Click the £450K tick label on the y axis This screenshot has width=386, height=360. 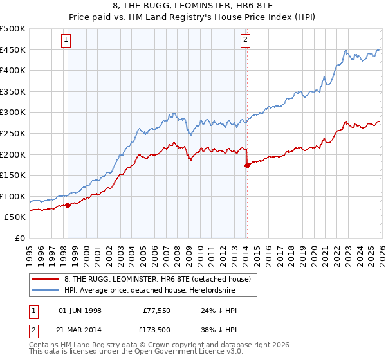(x=13, y=50)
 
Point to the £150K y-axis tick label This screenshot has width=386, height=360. (x=13, y=175)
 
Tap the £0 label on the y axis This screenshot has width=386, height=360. (x=19, y=238)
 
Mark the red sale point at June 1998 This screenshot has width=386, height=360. (x=68, y=206)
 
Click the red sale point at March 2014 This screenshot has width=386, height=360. (x=247, y=165)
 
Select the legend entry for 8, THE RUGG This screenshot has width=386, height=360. (x=161, y=279)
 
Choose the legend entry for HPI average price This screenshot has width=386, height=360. (x=149, y=291)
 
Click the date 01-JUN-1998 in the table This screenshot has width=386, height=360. (x=80, y=310)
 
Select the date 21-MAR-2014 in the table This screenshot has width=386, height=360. (x=80, y=330)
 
